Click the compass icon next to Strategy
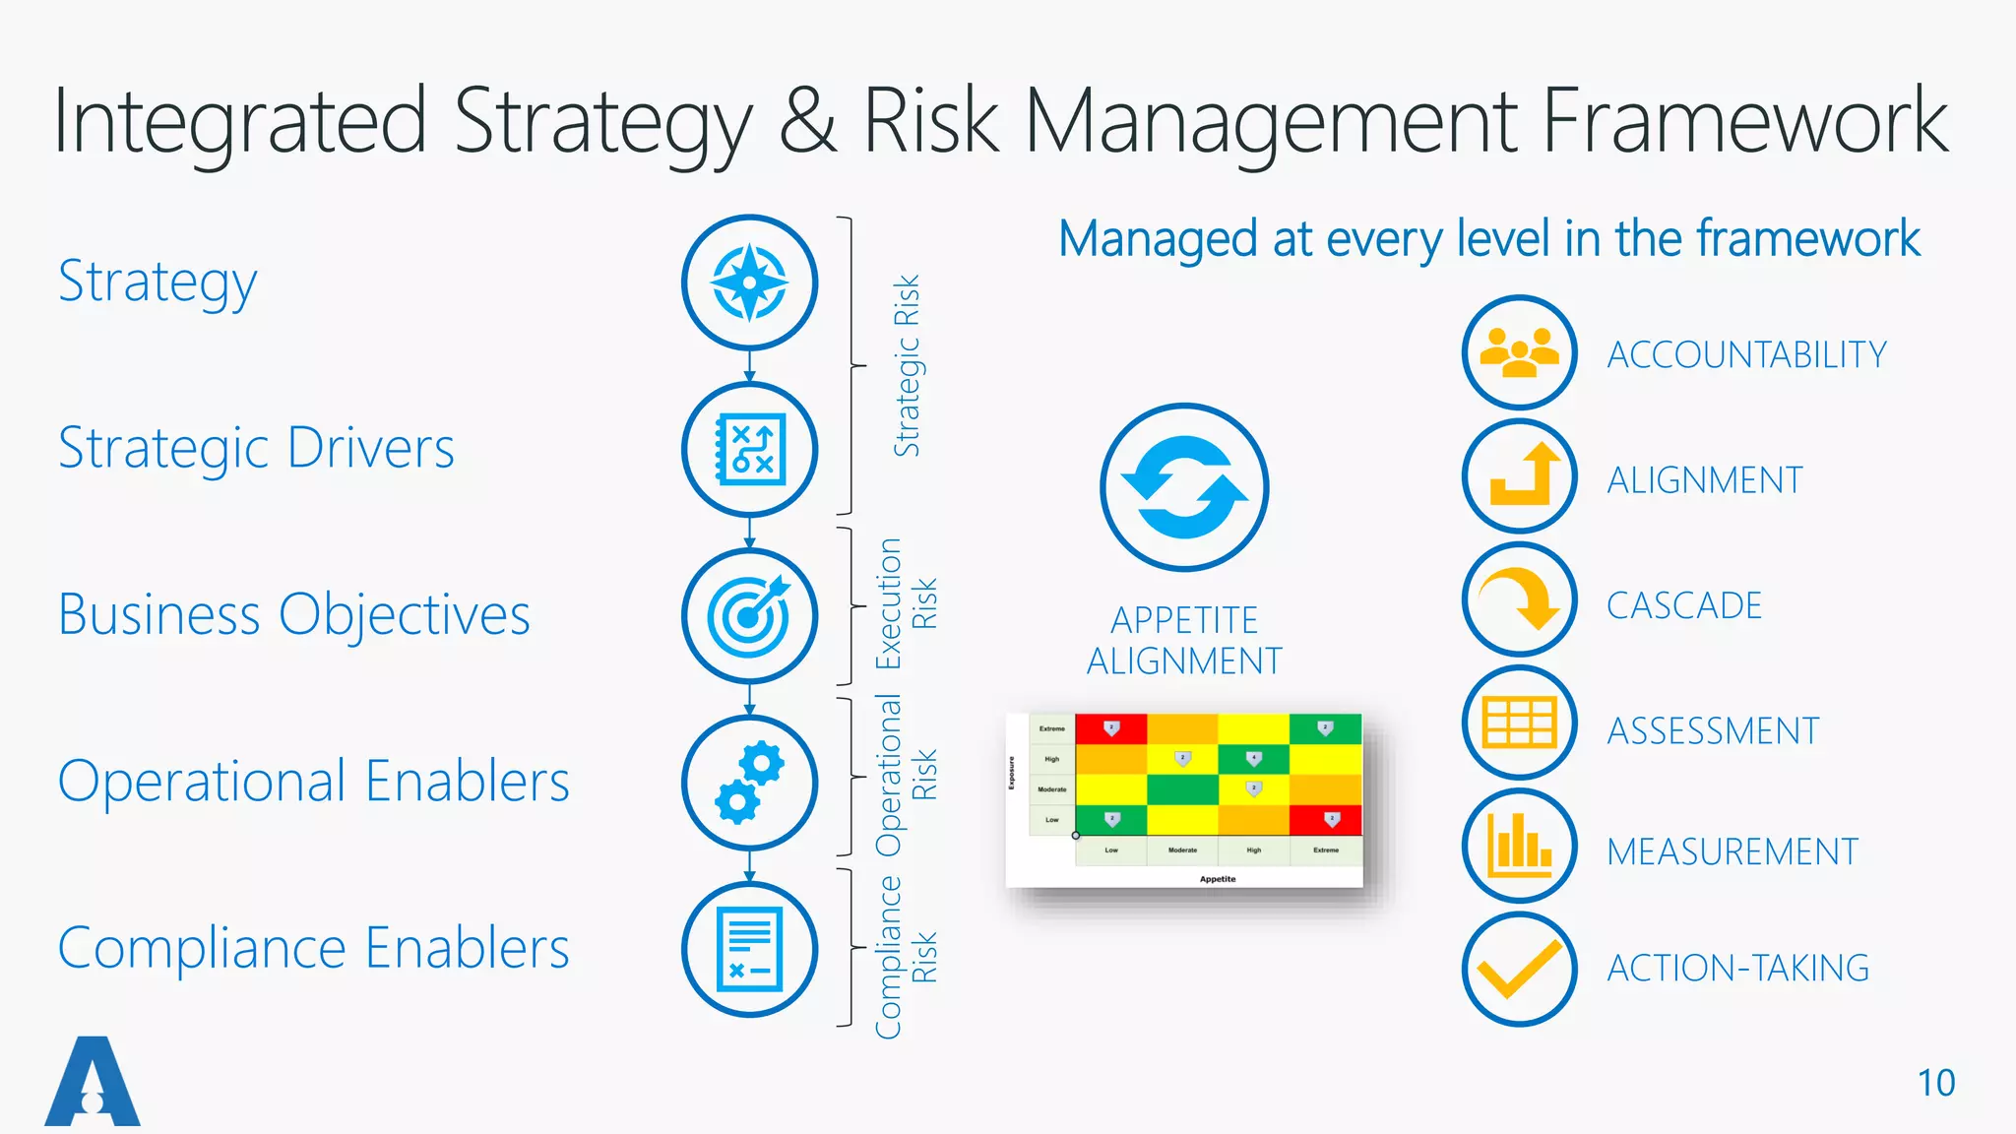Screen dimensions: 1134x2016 point(749,283)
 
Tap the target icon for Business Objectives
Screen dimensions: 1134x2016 point(749,616)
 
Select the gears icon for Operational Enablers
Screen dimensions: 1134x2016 point(749,784)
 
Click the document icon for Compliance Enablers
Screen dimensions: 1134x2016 point(749,950)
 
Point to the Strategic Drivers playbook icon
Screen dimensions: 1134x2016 point(749,450)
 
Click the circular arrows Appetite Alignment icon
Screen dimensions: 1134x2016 point(1184,487)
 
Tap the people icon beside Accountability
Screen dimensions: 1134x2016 point(1520,352)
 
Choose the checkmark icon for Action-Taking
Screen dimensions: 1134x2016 point(1520,970)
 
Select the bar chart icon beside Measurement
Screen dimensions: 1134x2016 point(1520,846)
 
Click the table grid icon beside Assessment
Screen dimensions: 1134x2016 point(1520,723)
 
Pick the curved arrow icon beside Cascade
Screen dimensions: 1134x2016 point(1520,599)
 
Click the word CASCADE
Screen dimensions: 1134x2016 point(1684,605)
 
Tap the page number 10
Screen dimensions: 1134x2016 point(1936,1083)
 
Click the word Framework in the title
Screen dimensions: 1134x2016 point(1744,122)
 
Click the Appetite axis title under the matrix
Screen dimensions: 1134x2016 point(1218,879)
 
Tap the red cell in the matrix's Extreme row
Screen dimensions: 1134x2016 point(1110,728)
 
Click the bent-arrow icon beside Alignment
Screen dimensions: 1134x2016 point(1520,475)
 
